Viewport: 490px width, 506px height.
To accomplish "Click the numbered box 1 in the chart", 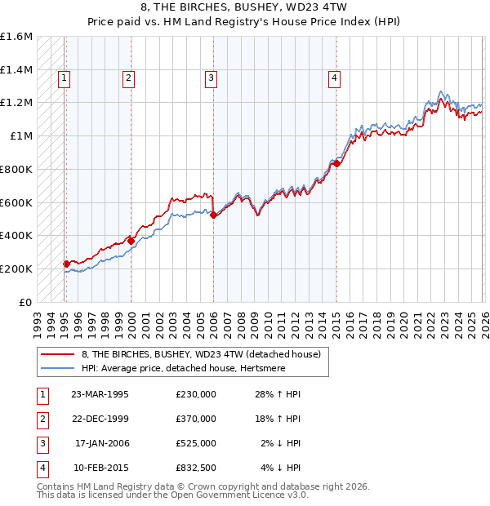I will (x=64, y=78).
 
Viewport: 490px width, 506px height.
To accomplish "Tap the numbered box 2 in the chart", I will (x=129, y=78).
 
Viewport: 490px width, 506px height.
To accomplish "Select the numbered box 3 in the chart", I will (x=211, y=78).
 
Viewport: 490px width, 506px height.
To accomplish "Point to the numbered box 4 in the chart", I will (x=334, y=78).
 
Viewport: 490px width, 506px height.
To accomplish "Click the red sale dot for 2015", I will (x=336, y=163).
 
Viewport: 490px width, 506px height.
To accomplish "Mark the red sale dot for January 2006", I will (x=213, y=215).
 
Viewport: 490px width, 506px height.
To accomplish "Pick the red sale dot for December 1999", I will (x=131, y=240).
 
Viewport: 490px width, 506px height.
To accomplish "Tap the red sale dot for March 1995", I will (x=66, y=264).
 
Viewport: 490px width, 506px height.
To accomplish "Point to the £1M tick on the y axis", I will (x=21, y=136).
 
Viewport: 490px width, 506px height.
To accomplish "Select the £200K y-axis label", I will (x=16, y=269).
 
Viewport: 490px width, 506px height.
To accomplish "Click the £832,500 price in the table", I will (x=195, y=468).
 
